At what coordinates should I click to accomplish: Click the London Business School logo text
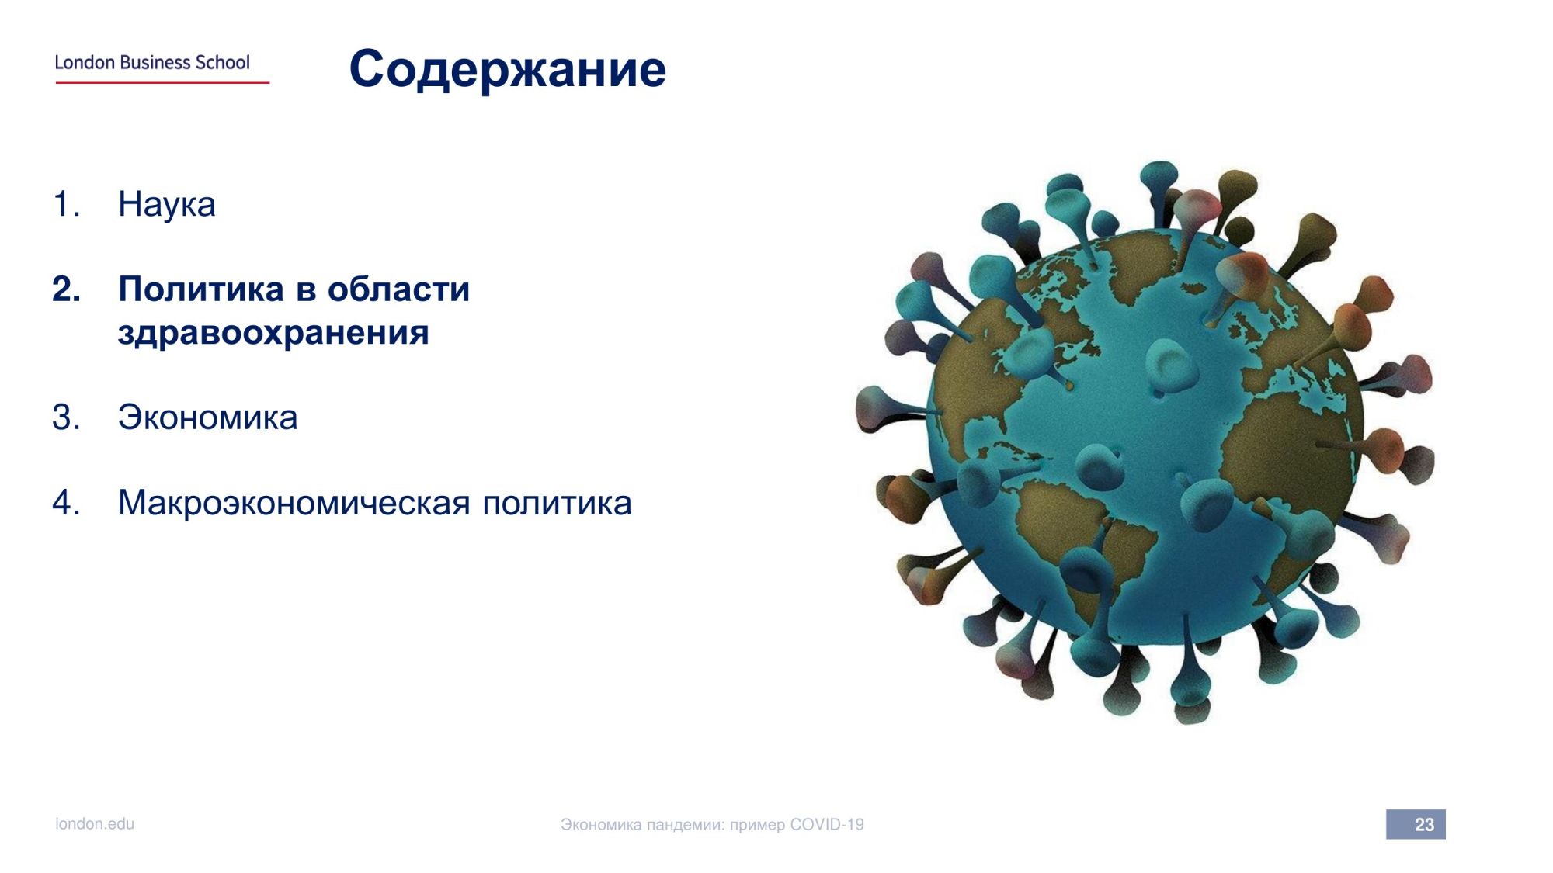pos(152,62)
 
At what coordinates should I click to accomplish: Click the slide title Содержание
pos(508,69)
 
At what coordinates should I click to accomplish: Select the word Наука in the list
pos(167,205)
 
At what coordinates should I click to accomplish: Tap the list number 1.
pos(66,204)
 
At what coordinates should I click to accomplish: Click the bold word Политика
pos(201,289)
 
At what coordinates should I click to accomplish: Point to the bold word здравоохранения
pos(273,333)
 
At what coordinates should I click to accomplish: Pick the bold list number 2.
pos(67,289)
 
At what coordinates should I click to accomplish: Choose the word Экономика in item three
pos(207,417)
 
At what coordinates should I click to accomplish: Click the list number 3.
pos(66,417)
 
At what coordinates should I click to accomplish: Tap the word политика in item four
pos(558,503)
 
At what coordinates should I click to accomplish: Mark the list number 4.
pos(66,503)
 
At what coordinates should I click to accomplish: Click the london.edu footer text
pos(95,824)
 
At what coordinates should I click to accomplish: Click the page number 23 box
pos(1416,824)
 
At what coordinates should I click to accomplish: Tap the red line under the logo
pos(162,82)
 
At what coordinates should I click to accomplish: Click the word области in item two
pos(398,289)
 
